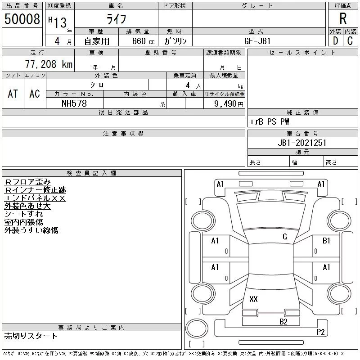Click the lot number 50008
coord(22,19)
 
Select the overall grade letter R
coord(343,18)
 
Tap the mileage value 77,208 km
coord(49,64)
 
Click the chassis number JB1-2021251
coord(302,143)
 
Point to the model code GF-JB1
coord(257,41)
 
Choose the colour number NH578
coord(74,103)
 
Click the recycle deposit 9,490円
coord(229,104)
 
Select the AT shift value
coord(13,94)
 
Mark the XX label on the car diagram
coord(253,299)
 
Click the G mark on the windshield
coord(285,237)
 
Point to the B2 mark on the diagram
coord(283,322)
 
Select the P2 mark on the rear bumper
coord(321,332)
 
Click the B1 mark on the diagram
coord(326,241)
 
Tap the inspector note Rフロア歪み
coord(27,182)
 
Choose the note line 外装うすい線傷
coord(31,230)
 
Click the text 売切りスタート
coord(31,336)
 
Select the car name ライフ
coord(116,19)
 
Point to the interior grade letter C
coord(350,41)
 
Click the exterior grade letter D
coord(335,41)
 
